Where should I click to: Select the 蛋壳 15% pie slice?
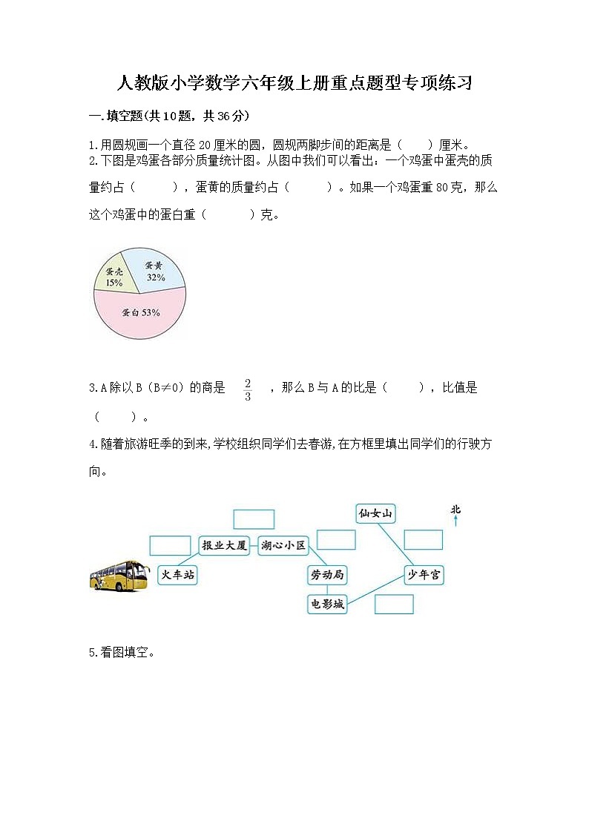coord(113,277)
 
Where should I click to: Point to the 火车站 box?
coord(177,574)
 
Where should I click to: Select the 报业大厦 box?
coord(224,545)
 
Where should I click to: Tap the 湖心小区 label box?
coord(283,545)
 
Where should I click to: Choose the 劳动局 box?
coord(326,574)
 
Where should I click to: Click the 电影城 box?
coord(326,604)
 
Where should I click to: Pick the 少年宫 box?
coord(424,574)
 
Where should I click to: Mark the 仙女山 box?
coord(375,513)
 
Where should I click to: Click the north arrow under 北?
coord(455,521)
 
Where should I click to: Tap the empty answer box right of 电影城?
coord(394,604)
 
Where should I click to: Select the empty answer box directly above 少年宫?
coord(423,540)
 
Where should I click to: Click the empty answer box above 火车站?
coord(169,545)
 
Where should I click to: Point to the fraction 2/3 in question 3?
coord(248,389)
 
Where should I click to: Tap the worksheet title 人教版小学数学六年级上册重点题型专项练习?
coord(294,83)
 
